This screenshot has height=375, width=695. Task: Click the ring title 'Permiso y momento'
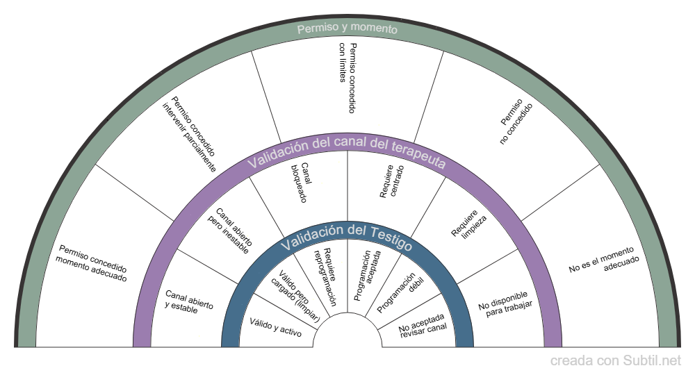[x=347, y=29]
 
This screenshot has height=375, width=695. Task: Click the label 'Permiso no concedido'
[x=516, y=124]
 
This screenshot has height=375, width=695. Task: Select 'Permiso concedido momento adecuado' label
[x=92, y=262]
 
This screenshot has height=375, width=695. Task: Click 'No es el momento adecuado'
[x=603, y=262]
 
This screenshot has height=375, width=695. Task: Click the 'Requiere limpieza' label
[x=468, y=224]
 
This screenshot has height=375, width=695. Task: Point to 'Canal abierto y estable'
[x=188, y=302]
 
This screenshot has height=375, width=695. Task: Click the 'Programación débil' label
[x=400, y=292]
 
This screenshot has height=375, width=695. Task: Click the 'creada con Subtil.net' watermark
[x=616, y=361]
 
